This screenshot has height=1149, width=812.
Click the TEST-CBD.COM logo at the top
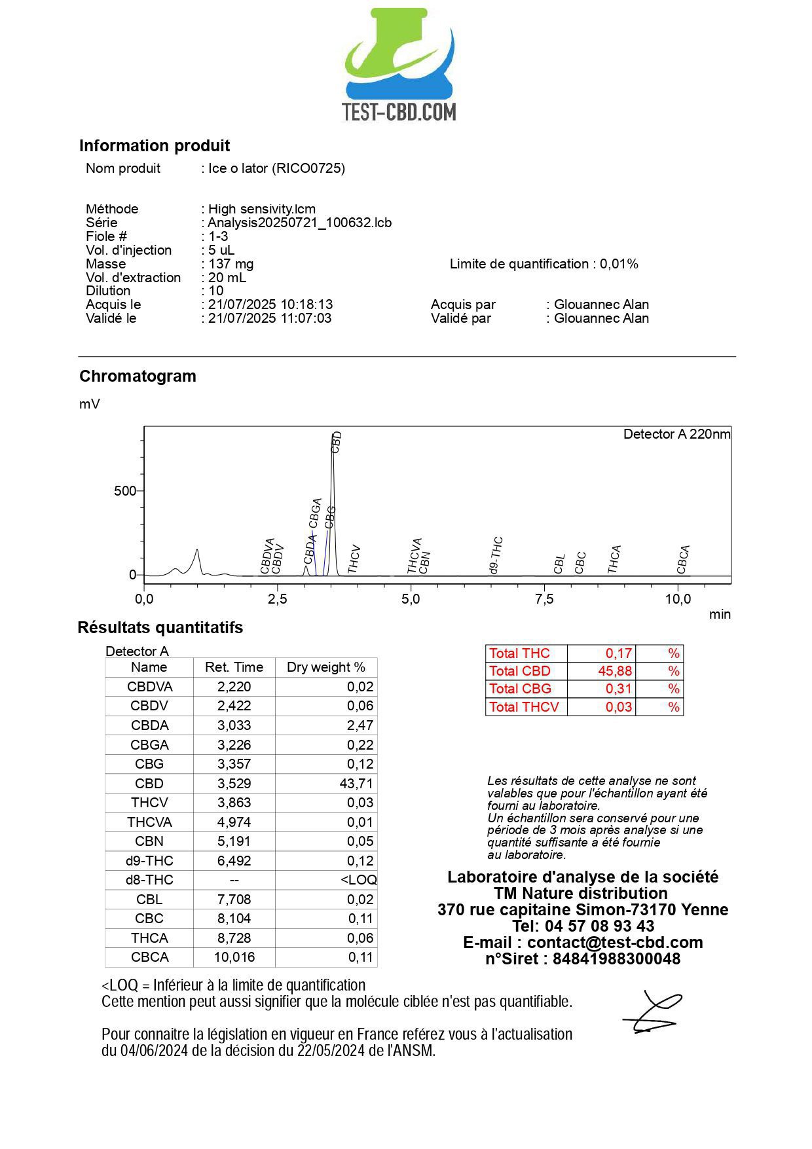(399, 65)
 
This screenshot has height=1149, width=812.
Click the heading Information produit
(155, 145)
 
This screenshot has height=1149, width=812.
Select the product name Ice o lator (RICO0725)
(276, 168)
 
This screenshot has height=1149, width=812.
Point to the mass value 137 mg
(231, 264)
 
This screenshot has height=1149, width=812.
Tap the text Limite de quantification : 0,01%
(544, 264)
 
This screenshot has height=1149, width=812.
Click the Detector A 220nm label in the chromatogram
(676, 434)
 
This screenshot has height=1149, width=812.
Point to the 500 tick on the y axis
(125, 491)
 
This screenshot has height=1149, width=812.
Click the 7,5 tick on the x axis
(544, 599)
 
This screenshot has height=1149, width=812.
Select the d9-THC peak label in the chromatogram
(496, 555)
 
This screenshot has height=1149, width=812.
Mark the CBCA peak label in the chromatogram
(683, 560)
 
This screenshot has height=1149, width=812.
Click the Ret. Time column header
(234, 667)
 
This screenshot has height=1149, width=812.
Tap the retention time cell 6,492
(234, 860)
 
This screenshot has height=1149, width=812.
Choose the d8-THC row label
(149, 880)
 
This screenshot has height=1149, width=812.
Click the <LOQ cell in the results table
(358, 880)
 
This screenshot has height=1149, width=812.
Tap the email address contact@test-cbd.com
(615, 942)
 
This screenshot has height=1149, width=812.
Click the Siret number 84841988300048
(616, 958)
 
